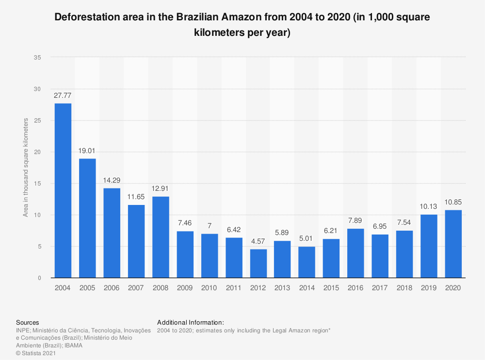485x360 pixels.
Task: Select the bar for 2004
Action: tap(63, 190)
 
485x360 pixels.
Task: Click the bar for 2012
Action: tap(258, 263)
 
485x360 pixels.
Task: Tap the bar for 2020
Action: tap(453, 244)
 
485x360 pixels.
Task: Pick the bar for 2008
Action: tap(161, 237)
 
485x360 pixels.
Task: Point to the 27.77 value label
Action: tap(63, 96)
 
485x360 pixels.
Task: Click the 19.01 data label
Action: tap(87, 151)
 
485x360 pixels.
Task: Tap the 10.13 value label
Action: tap(429, 207)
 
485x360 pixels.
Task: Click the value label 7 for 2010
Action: tap(210, 226)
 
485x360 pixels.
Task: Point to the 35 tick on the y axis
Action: tap(37, 57)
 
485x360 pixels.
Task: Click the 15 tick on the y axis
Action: tap(37, 183)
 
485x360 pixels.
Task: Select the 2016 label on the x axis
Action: tap(356, 287)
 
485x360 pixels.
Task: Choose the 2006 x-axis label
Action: tap(112, 287)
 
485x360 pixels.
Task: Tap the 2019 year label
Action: tap(429, 287)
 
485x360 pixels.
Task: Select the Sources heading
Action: tap(28, 322)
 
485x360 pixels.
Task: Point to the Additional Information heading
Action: tap(191, 322)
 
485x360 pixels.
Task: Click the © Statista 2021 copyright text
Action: tap(36, 353)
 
